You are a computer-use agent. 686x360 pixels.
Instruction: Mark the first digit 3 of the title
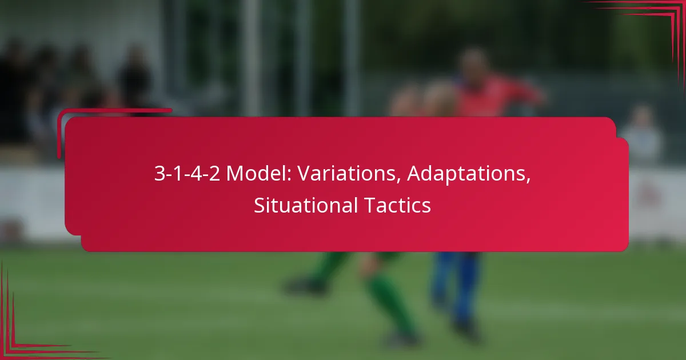click(158, 174)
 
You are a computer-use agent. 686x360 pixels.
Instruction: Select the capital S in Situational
click(258, 205)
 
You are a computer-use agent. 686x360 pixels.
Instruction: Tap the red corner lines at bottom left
click(23, 337)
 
